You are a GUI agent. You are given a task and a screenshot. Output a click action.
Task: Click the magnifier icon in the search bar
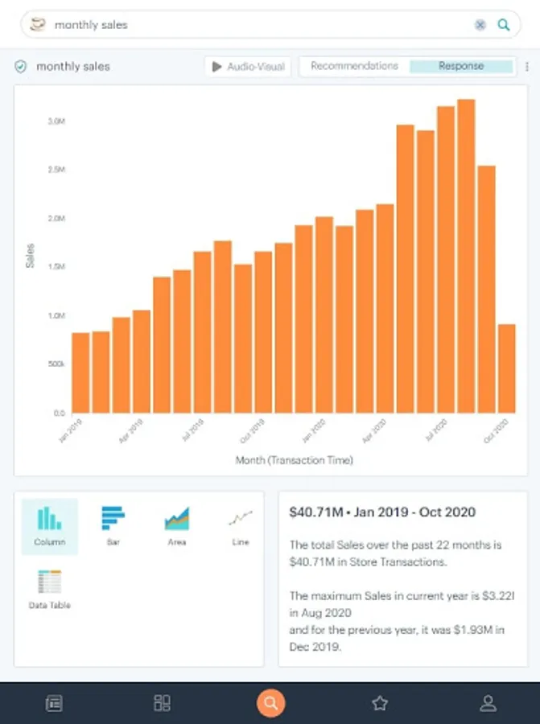504,25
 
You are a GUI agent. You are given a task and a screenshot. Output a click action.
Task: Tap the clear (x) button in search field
480,25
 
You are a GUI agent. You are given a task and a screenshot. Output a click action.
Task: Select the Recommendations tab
354,66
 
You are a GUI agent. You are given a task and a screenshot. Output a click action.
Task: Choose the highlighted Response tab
461,66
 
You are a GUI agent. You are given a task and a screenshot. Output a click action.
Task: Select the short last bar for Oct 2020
506,368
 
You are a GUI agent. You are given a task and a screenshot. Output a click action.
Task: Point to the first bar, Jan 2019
80,372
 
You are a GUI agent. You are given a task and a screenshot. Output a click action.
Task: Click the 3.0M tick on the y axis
56,121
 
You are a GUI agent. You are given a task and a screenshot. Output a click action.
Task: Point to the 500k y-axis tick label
56,364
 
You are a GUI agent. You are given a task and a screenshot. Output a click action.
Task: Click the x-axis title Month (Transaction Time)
294,461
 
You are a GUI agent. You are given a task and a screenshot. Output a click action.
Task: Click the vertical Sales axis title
31,256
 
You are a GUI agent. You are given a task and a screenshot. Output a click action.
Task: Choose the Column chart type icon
50,525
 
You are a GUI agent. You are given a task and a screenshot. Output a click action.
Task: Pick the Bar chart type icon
113,525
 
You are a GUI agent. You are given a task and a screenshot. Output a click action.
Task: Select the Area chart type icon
177,525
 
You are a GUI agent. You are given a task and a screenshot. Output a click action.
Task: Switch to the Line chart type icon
240,525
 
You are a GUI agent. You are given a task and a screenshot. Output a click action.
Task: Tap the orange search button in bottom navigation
270,703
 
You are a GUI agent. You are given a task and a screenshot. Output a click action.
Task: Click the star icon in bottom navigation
380,703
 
